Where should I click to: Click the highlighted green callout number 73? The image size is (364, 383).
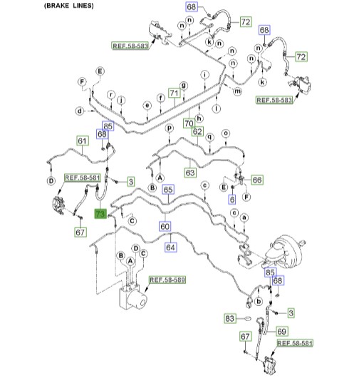point(100,214)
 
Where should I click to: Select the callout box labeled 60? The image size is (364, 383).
point(165,226)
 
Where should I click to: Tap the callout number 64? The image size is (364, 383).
point(170,247)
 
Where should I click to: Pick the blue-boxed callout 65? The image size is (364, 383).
point(168,190)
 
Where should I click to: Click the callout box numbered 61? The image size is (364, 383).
point(83,141)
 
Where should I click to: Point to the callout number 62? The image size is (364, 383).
point(197,132)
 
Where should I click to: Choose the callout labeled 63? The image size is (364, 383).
point(190,173)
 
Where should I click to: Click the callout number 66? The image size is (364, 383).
point(257,180)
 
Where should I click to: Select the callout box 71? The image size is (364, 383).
point(175,93)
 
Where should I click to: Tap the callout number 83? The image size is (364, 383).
point(230,318)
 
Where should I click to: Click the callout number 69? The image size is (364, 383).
point(282,332)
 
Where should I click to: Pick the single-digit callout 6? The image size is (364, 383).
point(232,200)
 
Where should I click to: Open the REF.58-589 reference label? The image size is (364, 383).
point(167,280)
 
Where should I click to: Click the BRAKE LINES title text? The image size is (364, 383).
point(69,6)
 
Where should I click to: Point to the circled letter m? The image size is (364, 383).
point(238,91)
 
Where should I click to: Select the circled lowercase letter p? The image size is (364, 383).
point(170,128)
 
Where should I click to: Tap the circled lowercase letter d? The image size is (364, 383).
point(80,111)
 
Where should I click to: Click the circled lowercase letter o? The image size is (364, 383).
point(226,133)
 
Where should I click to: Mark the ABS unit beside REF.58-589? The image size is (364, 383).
point(133,296)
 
